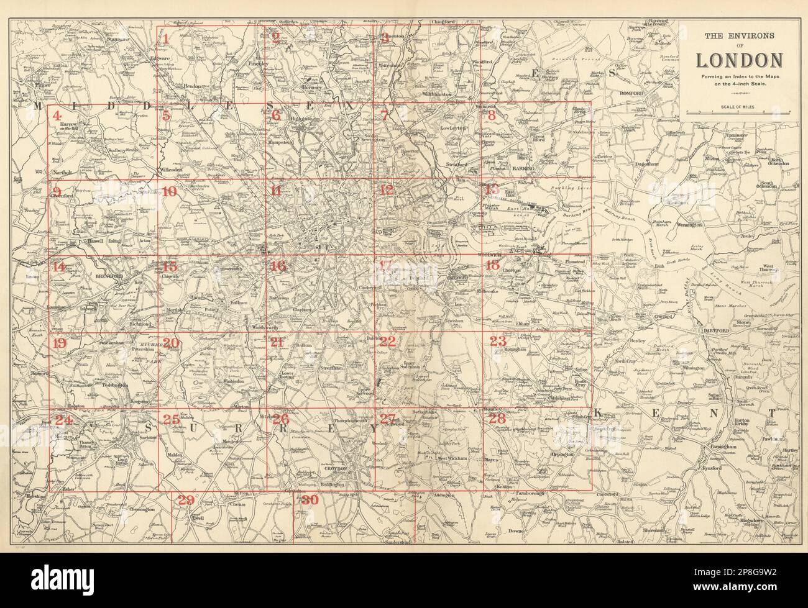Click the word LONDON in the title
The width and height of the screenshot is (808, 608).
pyautogui.click(x=738, y=60)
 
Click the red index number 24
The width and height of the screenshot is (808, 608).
pyautogui.click(x=63, y=420)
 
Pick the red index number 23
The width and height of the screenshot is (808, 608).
pyautogui.click(x=498, y=342)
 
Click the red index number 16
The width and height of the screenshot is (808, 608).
pyautogui.click(x=278, y=266)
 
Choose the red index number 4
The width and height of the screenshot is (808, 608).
pyautogui.click(x=57, y=116)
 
